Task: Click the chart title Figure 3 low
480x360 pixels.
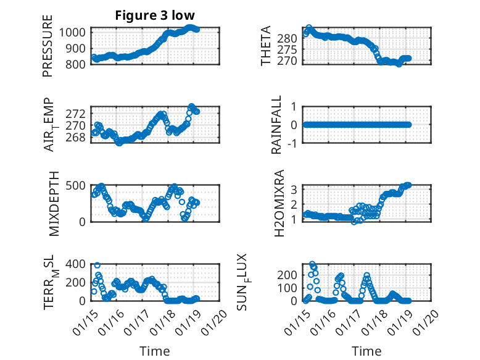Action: tap(155, 15)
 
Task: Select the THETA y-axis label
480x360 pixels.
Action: tap(266, 46)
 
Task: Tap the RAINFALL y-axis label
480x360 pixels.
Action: tap(278, 125)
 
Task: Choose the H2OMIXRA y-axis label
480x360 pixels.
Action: tap(279, 203)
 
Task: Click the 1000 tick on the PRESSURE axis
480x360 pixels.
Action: tap(76, 33)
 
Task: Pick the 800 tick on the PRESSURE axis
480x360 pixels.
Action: tap(79, 64)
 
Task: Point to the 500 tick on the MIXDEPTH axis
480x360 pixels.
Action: tap(79, 185)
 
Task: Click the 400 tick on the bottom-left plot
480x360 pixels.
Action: tap(79, 264)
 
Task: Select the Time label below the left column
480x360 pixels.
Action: tap(154, 351)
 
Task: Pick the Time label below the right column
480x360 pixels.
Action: tap(366, 351)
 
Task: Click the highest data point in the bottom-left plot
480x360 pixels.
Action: tap(97, 266)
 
